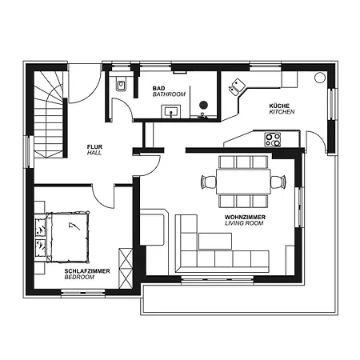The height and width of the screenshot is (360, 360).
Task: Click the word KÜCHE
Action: pos(279,106)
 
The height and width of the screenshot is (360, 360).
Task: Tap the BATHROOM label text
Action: pos(169,94)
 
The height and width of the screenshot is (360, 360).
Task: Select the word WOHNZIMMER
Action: pos(245,217)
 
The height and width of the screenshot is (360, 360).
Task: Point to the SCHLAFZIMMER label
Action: pos(87,271)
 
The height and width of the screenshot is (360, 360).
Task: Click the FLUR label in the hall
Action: pos(94,146)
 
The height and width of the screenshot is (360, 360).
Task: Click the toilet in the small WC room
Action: pos(121,85)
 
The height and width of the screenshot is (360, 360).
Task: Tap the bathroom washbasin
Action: pos(171,111)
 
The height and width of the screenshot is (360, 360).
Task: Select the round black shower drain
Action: pos(203,105)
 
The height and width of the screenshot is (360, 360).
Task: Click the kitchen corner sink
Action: pos(237,86)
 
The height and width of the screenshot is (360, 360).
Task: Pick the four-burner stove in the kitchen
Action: pos(273,140)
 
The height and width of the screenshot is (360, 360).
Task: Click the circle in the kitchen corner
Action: pos(320,78)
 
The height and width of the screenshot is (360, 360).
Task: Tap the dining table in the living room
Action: pos(243,182)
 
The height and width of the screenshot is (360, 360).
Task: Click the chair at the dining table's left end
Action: pos(209,182)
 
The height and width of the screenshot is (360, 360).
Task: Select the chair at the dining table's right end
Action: pos(278,182)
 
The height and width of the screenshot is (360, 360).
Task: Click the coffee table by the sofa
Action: pos(215,241)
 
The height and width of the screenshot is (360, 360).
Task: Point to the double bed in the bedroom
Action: pos(67,237)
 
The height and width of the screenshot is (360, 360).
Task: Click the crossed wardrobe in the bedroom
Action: pos(126,268)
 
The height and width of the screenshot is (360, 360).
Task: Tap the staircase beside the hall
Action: pos(49,114)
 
